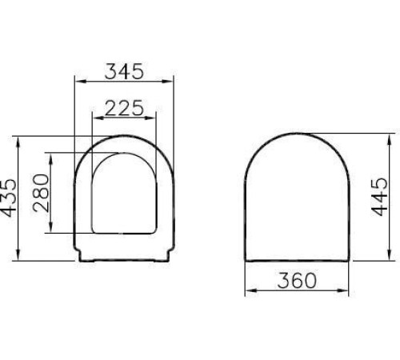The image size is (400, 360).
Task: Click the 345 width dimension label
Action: [124, 70]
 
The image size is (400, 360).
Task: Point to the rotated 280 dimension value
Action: [42, 193]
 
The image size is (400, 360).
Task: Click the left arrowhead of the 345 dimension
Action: [78, 82]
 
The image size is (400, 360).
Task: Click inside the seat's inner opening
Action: [124, 196]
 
